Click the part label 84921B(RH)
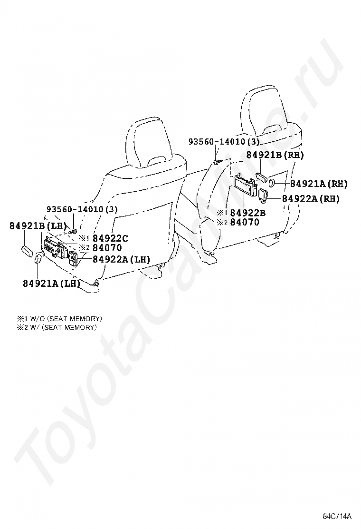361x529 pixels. pos(275,155)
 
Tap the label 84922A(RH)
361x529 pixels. pos(311,199)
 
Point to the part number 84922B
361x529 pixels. pos(248,213)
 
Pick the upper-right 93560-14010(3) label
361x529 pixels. pos(224,142)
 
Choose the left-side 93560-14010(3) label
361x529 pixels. pos(82,209)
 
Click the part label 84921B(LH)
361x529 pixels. pos(37,226)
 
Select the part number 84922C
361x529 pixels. pos(110,238)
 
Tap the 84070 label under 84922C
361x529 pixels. pos(107,248)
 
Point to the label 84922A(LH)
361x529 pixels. pos(121,259)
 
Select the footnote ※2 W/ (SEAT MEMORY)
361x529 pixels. pos(57,327)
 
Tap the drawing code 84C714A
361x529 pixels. pos(337,517)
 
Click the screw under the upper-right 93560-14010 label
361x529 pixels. pos(216,162)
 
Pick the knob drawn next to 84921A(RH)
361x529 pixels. pos(273,183)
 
